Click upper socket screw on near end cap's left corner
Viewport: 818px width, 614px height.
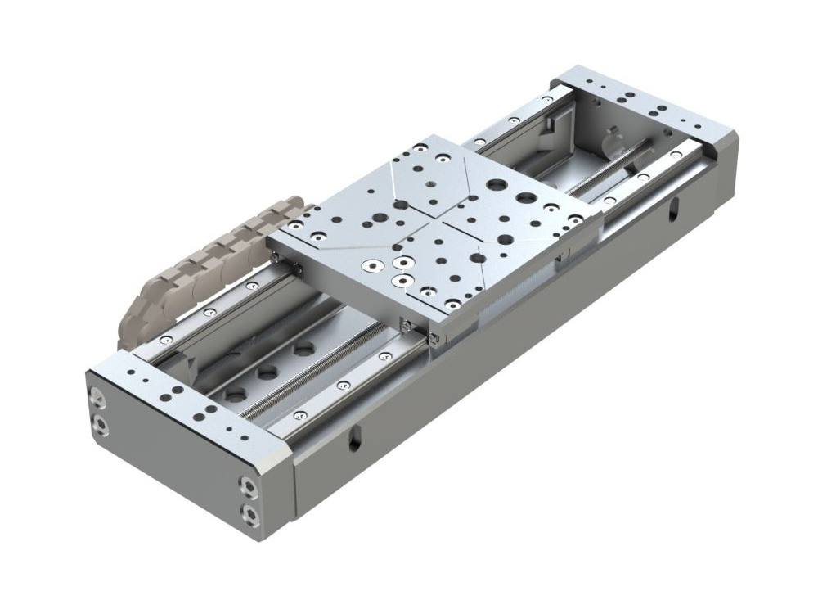point(98,399)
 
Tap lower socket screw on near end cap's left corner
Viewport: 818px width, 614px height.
point(99,423)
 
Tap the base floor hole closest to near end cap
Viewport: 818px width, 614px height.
point(236,395)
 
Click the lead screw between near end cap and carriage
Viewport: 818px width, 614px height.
point(327,364)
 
